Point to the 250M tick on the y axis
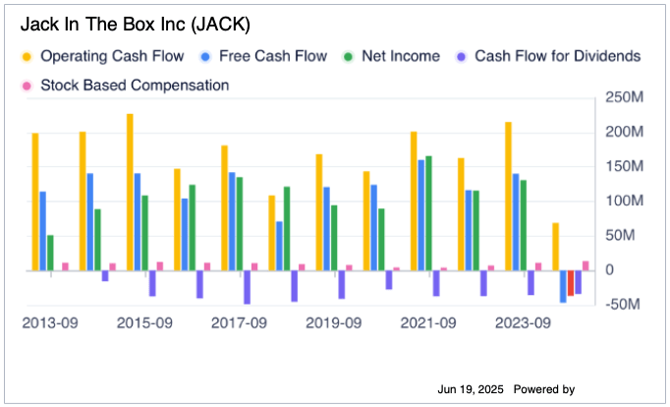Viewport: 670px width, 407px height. (x=625, y=97)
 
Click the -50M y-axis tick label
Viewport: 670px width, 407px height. (x=625, y=305)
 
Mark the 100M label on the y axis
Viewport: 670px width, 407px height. (x=625, y=202)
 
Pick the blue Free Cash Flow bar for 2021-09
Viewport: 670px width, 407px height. (x=421, y=214)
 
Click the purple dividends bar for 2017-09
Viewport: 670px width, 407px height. (x=248, y=287)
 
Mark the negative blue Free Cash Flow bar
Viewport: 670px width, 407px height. (x=563, y=286)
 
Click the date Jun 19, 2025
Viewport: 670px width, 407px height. (x=471, y=390)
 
